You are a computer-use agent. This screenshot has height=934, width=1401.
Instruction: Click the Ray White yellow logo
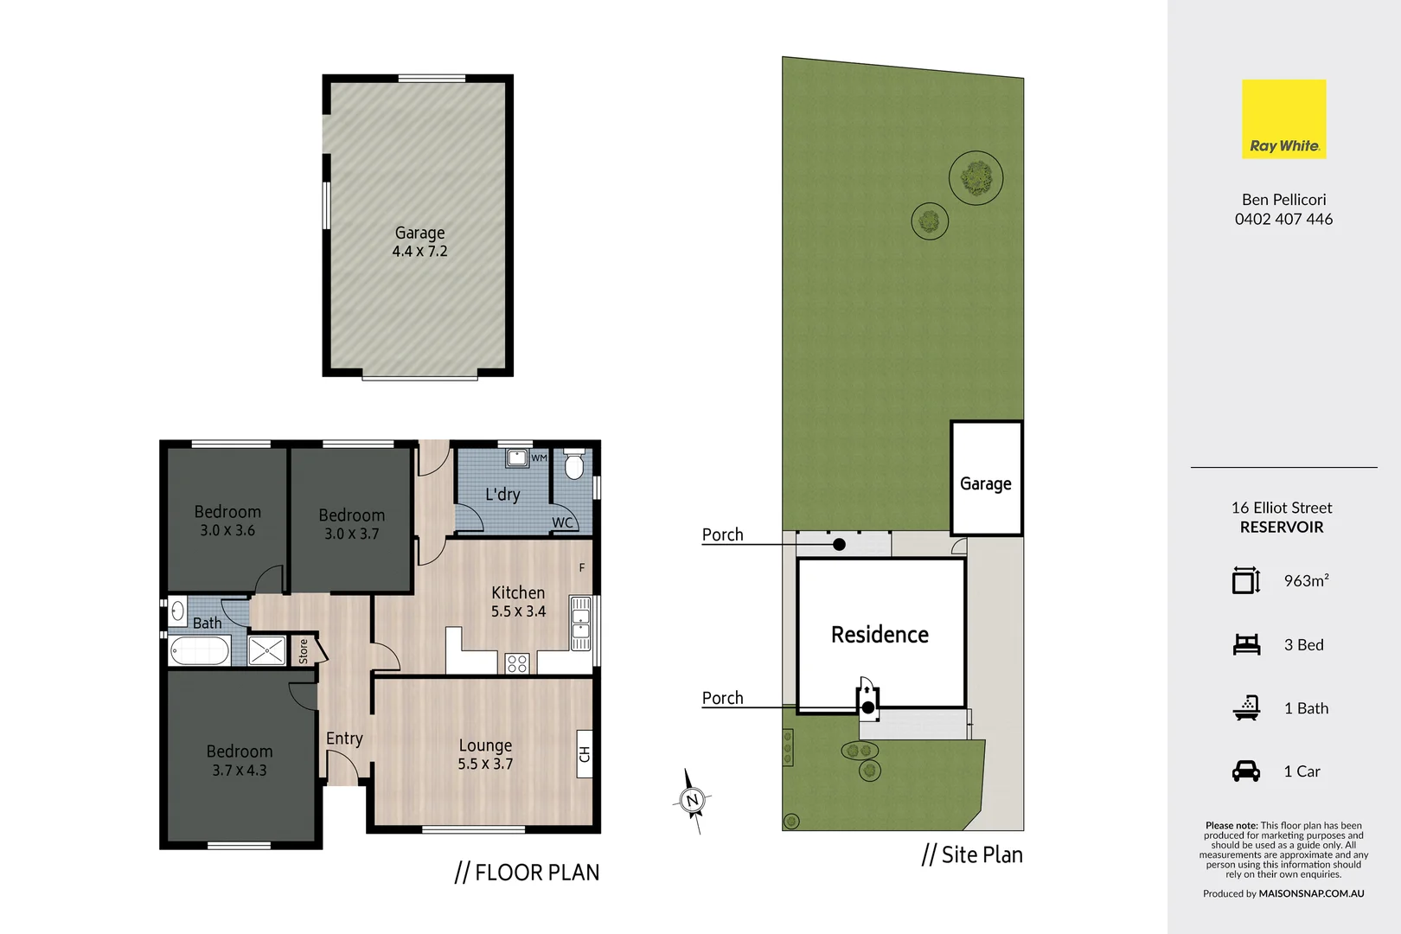click(x=1283, y=118)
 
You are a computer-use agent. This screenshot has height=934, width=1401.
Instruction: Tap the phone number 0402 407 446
click(x=1283, y=220)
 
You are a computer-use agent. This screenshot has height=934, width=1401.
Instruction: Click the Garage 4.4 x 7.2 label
click(x=419, y=242)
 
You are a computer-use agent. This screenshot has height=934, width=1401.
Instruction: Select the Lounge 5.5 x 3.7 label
click(x=485, y=754)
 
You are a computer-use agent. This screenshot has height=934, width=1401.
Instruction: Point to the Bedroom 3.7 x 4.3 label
click(x=240, y=760)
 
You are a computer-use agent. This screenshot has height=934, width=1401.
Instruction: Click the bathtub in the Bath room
click(x=200, y=650)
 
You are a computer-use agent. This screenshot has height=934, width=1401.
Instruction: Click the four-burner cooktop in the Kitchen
click(x=517, y=663)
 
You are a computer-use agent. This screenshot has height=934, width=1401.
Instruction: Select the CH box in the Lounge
click(x=585, y=754)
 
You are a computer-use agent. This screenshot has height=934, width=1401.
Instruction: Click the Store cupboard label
click(x=304, y=651)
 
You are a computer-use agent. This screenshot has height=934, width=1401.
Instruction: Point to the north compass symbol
click(x=692, y=801)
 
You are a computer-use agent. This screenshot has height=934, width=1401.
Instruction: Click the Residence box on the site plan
click(x=880, y=634)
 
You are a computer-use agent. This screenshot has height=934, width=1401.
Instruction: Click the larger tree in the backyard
click(x=976, y=178)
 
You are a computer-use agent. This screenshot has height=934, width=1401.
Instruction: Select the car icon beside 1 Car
click(x=1246, y=771)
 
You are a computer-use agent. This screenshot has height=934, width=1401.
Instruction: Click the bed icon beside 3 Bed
click(x=1246, y=644)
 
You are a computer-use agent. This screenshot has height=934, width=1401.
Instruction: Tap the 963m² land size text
click(x=1306, y=581)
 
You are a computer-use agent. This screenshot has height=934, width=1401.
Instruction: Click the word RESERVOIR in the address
click(x=1282, y=528)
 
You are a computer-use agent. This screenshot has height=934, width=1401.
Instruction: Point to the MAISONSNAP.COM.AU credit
click(x=1311, y=893)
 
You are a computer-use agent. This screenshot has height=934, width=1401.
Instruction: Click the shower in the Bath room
click(x=266, y=650)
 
